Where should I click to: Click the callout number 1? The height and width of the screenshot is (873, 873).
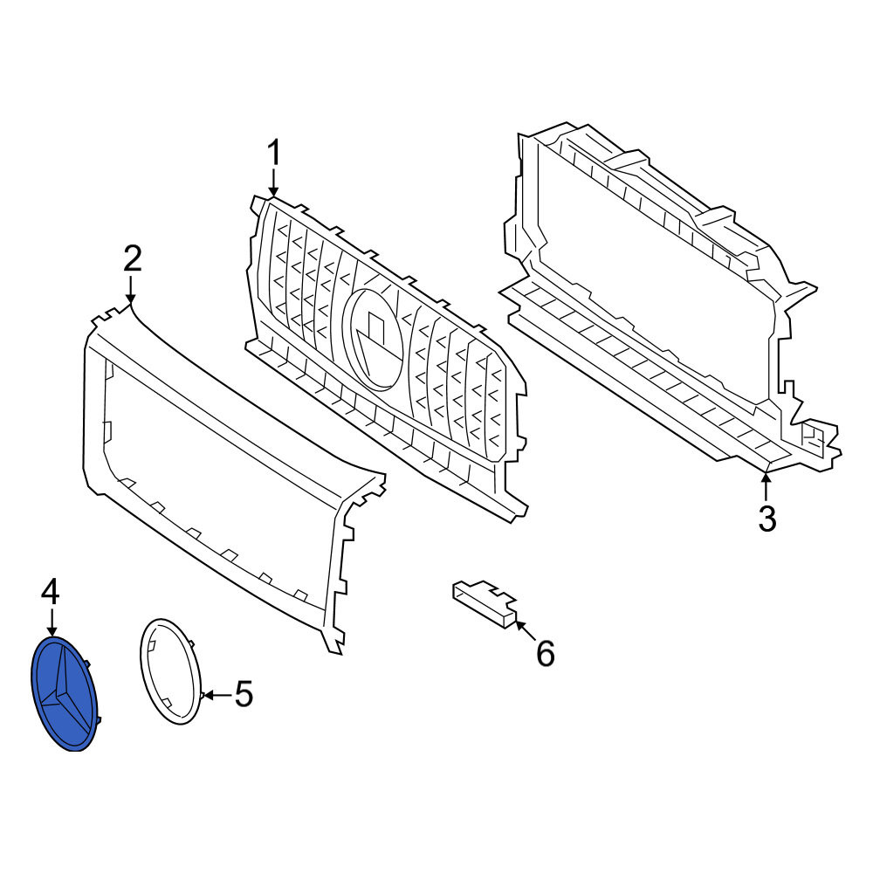tap(273, 153)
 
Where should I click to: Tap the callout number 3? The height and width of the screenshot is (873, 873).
tap(766, 519)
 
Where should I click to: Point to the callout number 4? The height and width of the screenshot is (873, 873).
tap(51, 592)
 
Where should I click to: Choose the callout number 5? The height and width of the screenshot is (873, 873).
tap(244, 694)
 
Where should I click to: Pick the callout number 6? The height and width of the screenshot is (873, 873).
tap(545, 653)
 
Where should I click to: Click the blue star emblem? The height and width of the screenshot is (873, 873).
tap(65, 694)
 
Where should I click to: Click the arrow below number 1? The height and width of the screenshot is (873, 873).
tap(273, 183)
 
